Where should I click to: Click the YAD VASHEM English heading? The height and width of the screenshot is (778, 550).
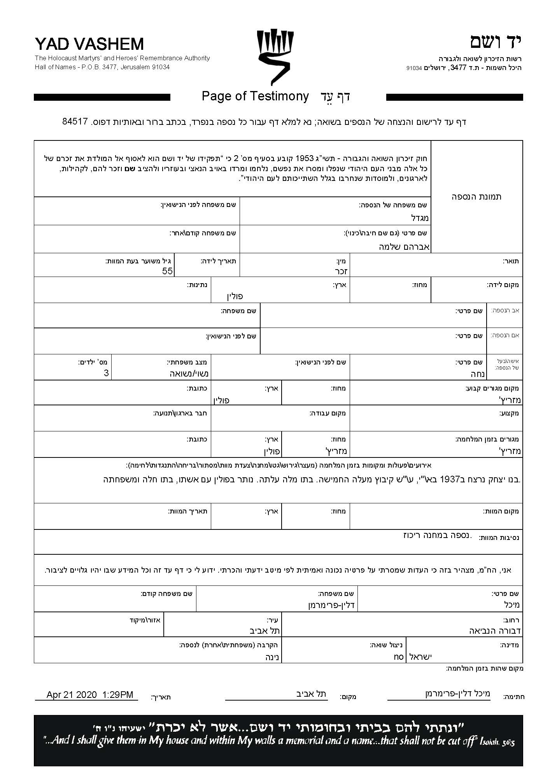click(x=89, y=44)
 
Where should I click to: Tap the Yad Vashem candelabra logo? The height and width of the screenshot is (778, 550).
click(x=275, y=57)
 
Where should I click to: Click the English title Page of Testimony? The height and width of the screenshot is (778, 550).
click(x=255, y=96)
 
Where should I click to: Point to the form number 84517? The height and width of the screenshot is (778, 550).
click(x=74, y=121)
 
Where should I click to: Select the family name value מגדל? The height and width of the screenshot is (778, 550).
click(x=420, y=218)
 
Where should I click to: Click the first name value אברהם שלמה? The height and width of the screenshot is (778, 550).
click(x=404, y=247)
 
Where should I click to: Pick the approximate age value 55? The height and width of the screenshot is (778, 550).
click(x=167, y=271)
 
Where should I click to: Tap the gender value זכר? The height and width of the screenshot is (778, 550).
click(x=341, y=271)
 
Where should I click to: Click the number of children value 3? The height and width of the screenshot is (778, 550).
click(x=106, y=373)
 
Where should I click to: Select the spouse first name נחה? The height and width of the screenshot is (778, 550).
click(x=477, y=374)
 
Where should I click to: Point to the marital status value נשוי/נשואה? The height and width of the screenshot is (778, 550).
click(x=189, y=374)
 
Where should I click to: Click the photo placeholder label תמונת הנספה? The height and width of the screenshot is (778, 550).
click(x=476, y=197)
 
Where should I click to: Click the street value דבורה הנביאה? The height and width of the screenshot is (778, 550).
click(x=495, y=631)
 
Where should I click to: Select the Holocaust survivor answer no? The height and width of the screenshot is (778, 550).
click(x=399, y=657)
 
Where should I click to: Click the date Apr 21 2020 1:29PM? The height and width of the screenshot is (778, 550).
click(x=90, y=695)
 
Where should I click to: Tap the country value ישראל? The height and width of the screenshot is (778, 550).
click(x=421, y=657)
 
